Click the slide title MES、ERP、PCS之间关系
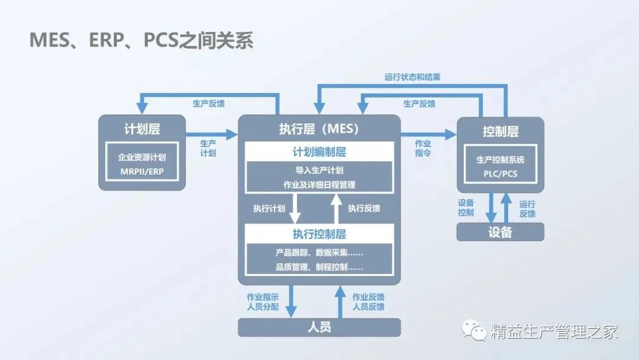click(x=141, y=41)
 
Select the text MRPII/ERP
click(x=142, y=172)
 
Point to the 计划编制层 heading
click(x=319, y=152)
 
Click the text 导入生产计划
click(x=319, y=169)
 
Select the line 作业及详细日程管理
click(x=319, y=184)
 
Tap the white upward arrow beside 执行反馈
click(x=336, y=208)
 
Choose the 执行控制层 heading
click(x=319, y=233)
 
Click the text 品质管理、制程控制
click(x=319, y=266)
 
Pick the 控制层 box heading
click(x=501, y=131)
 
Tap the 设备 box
click(x=501, y=232)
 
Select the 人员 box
click(x=319, y=327)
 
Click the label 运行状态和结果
click(x=412, y=77)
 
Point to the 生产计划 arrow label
click(x=208, y=148)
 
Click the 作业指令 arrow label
click(x=423, y=148)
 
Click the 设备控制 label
click(x=466, y=208)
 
